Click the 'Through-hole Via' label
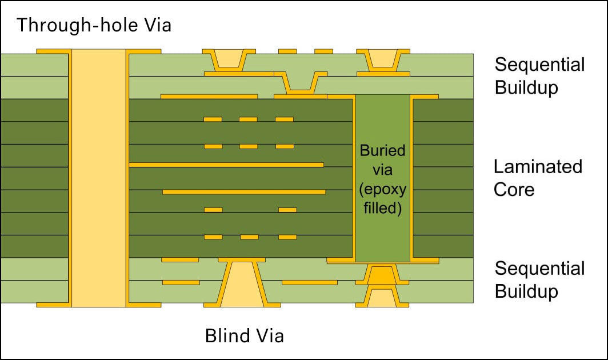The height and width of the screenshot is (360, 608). [94, 25]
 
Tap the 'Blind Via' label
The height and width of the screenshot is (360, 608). [245, 335]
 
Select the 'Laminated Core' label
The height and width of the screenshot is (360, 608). [538, 178]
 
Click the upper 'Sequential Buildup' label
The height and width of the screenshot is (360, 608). [539, 76]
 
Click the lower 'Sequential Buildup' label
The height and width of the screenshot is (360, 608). [539, 280]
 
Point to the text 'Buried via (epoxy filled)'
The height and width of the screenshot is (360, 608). [383, 179]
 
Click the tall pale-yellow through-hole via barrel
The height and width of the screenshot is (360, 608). [99, 178]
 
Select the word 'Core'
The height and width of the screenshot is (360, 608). [514, 190]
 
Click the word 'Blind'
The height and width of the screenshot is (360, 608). [226, 335]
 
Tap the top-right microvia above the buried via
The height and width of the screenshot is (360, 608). [383, 58]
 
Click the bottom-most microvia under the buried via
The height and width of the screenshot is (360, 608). [382, 297]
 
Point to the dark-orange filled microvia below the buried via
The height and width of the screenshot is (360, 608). [382, 275]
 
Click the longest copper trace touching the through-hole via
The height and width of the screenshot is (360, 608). [226, 165]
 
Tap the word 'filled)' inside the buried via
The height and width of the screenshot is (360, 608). [383, 208]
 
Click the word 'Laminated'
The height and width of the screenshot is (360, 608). [538, 167]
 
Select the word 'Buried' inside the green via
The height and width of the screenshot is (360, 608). [383, 151]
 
